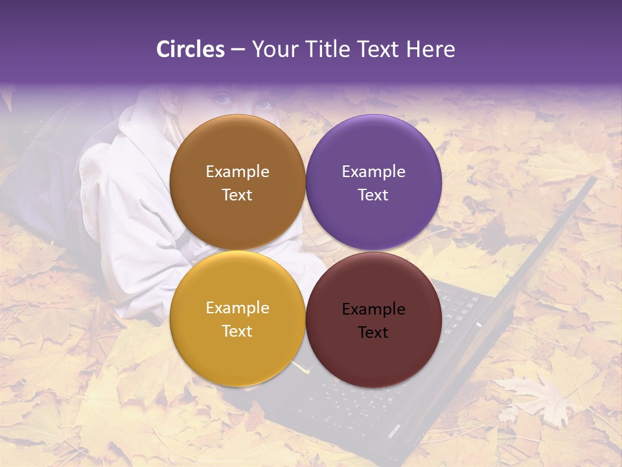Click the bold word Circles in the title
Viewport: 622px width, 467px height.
(190, 49)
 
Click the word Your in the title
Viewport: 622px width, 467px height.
(273, 49)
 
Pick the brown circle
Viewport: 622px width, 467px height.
(237, 149)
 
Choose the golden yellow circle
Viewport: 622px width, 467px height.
(237, 350)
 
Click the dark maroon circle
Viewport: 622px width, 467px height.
(374, 353)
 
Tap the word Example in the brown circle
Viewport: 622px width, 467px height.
(237, 172)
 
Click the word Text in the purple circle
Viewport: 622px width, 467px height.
(373, 195)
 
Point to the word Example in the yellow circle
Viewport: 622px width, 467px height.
(237, 308)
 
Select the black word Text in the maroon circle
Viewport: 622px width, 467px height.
(373, 333)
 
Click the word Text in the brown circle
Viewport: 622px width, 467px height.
(237, 195)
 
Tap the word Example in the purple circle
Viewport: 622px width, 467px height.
(373, 172)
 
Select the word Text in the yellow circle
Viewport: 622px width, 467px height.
(237, 331)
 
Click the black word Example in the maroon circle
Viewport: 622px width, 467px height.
(373, 309)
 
